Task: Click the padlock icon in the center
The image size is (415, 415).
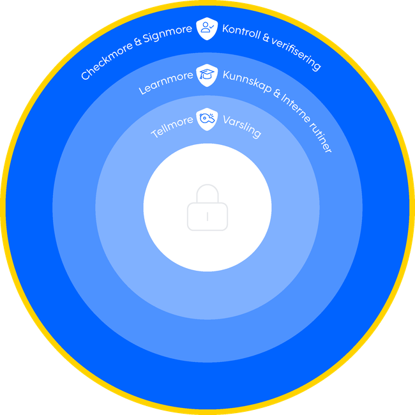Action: [207, 208]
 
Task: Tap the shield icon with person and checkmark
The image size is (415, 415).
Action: [207, 28]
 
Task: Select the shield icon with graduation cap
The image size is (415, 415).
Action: [207, 75]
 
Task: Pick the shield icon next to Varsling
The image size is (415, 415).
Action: [207, 119]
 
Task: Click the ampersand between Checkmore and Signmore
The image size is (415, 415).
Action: [138, 43]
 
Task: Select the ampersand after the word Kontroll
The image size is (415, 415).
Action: [266, 36]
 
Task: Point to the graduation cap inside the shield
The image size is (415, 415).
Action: [207, 73]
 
